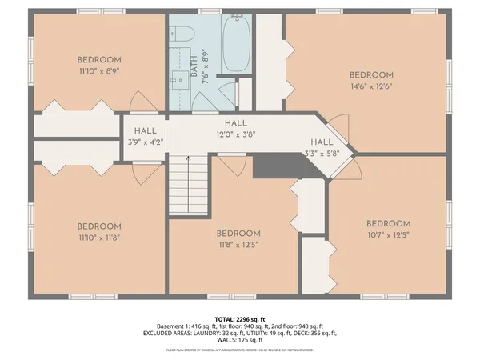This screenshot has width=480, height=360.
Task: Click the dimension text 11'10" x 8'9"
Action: (x=99, y=71)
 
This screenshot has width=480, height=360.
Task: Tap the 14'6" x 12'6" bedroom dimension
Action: (x=372, y=86)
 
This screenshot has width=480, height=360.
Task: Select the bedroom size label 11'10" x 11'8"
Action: (x=99, y=238)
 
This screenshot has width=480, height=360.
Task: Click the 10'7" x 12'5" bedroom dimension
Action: (x=388, y=235)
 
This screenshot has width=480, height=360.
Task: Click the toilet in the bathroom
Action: (x=182, y=34)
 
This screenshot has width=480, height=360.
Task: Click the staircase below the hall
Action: (x=188, y=184)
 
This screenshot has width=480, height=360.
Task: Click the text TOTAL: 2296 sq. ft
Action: (x=240, y=318)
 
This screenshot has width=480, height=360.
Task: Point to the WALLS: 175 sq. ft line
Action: (x=240, y=340)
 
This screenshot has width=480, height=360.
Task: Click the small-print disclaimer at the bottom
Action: (x=240, y=350)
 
